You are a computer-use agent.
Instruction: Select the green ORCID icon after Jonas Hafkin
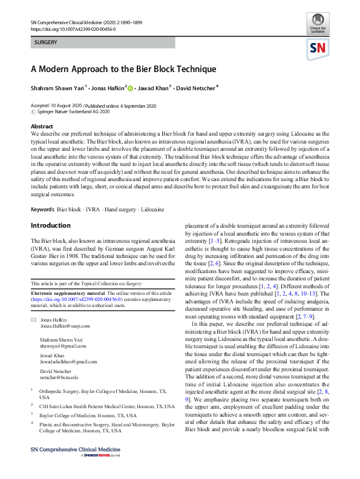(x=129, y=88)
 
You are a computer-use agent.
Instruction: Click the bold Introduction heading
(x=51, y=226)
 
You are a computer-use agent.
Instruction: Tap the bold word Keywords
(x=42, y=209)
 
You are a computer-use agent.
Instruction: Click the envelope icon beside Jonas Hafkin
(x=34, y=319)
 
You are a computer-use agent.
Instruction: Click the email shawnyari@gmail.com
(x=59, y=346)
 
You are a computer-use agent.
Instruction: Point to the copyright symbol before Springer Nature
(x=33, y=111)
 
